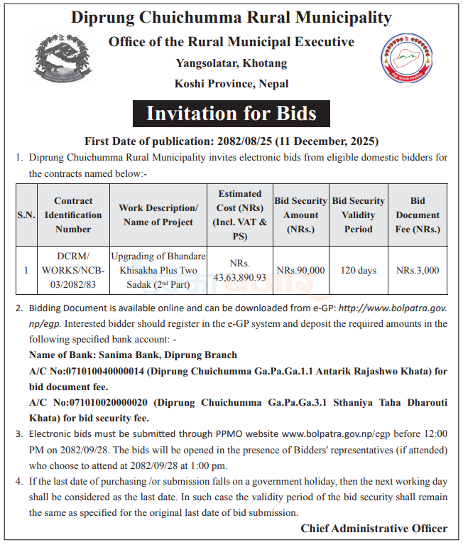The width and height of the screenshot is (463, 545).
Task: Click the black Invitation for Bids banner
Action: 231,114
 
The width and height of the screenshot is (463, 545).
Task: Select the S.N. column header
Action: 26,215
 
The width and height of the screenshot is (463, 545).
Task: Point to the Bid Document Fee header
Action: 418,215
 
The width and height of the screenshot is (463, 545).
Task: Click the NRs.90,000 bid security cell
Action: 300,270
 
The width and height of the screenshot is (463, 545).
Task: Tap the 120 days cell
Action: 358,270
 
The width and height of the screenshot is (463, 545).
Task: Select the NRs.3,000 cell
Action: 418,270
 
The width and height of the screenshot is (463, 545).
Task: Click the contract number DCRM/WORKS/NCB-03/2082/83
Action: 73,270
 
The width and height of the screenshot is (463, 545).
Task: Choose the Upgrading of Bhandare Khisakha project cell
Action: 158,270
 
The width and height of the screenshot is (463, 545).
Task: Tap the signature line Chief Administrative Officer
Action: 374,528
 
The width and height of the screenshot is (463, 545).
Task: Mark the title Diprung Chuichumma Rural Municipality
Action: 231,17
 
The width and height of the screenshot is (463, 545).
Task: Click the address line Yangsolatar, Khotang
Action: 231,63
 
